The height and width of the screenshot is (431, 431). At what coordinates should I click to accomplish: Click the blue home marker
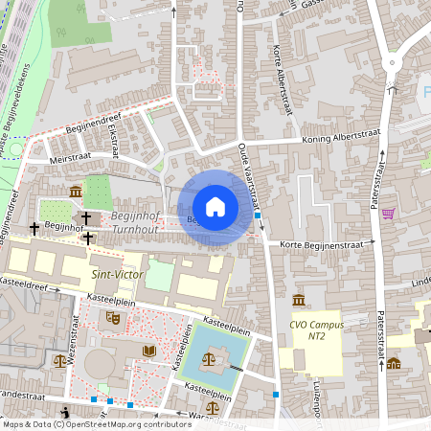click(215, 207)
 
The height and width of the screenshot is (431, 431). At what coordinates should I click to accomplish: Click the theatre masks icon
click(112, 315)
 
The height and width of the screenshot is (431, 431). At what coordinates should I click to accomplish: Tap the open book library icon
click(148, 351)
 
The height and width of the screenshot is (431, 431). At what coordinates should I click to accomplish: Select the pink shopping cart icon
click(388, 214)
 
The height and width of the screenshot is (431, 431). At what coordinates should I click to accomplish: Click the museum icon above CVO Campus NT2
click(299, 300)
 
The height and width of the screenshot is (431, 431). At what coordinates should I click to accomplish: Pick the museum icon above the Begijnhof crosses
click(76, 193)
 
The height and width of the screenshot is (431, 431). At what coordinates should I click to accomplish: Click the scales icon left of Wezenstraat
click(60, 361)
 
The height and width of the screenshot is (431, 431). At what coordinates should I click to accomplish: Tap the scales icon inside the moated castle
click(210, 359)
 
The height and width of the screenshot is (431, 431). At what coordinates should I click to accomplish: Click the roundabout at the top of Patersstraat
click(392, 64)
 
